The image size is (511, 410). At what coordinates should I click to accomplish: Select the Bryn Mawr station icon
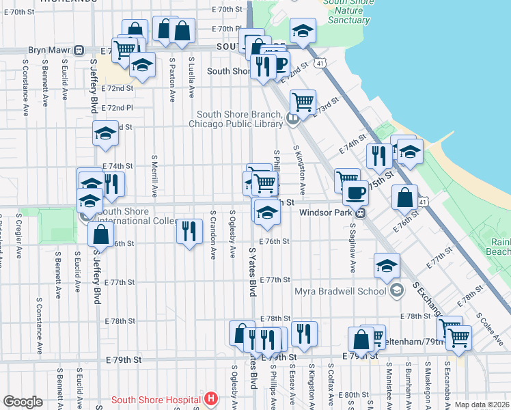tap(79, 51)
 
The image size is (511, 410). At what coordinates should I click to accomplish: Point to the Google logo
tap(23, 401)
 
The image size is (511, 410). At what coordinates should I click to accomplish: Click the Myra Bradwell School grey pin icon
tap(396, 291)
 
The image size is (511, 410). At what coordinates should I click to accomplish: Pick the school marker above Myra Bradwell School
tap(387, 265)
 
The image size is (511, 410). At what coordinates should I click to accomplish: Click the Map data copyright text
tap(482, 405)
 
